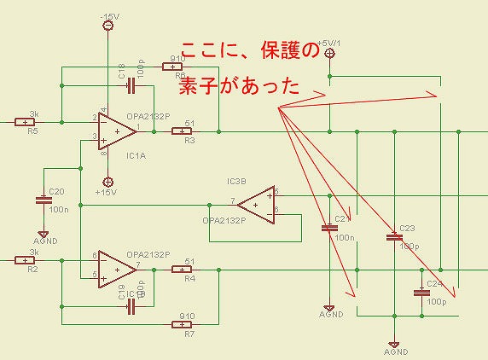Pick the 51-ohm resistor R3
tap(182, 131)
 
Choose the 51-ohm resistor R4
tap(182, 270)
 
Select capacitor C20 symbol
tap(44, 201)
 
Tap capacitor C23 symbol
tap(393, 237)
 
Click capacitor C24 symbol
tap(420, 292)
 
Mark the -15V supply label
tap(110, 16)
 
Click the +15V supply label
tap(107, 193)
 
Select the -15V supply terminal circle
tap(108, 26)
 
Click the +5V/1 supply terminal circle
tap(330, 53)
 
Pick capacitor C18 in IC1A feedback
tap(129, 84)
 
